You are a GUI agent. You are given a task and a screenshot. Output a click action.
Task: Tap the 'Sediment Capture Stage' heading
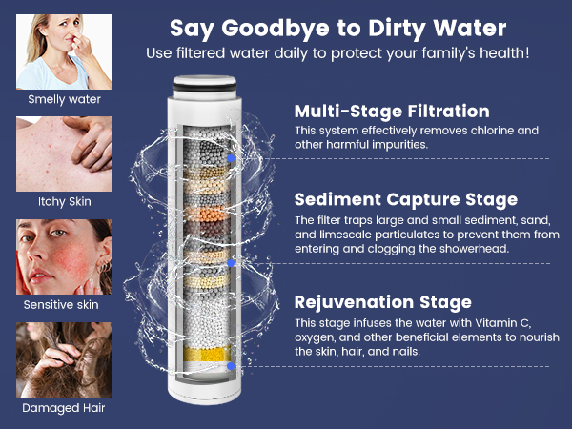click(x=406, y=200)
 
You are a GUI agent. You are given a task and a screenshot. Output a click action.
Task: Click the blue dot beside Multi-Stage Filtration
click(x=232, y=157)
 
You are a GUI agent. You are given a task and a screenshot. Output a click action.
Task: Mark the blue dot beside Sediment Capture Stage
click(x=232, y=262)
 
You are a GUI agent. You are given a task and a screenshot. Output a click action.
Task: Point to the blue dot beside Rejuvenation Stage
click(x=232, y=365)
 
